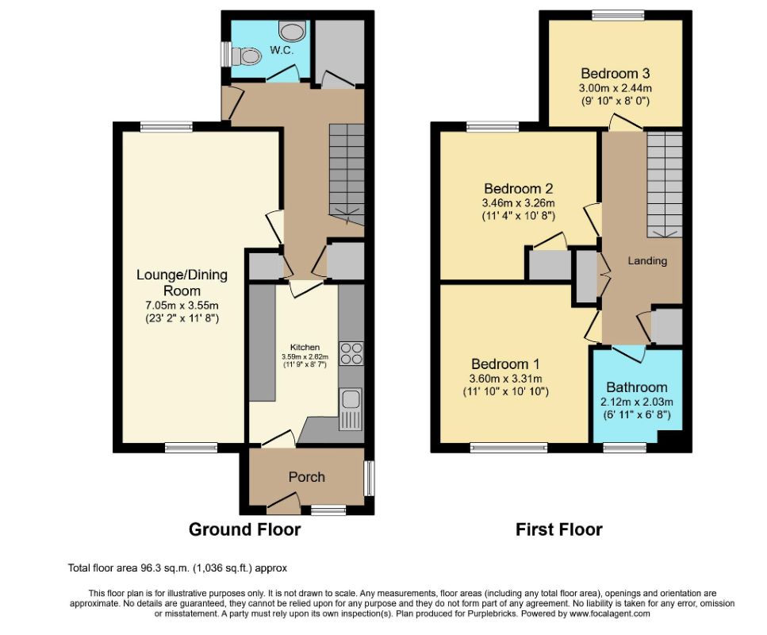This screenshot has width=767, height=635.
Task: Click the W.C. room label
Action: pos(282,50)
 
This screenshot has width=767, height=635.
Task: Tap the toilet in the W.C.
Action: pos(246,56)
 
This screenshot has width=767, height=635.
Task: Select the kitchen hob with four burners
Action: pos(351,353)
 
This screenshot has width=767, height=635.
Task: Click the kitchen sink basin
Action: pos(351,399)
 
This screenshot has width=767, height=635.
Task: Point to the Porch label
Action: pos(307,477)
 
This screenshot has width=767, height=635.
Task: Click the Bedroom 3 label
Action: pos(616,74)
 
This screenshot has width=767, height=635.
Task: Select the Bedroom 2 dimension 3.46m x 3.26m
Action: pos(519,202)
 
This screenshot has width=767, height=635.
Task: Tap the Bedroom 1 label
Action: pos(505,364)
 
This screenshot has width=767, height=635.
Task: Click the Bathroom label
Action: pos(637,387)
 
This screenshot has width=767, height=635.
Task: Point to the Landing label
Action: pos(647,260)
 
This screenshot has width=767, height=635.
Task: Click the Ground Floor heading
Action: pos(244,529)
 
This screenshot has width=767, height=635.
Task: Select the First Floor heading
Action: pos(559,529)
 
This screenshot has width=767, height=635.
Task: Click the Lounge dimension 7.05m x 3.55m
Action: pos(182,306)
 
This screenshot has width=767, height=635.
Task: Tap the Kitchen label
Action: pos(305,347)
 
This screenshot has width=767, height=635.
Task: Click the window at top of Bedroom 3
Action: pos(619,15)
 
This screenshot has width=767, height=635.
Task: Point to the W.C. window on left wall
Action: pos(226,54)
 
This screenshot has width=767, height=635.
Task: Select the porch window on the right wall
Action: pos(370,478)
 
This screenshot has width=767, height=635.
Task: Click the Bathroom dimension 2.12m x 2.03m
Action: pos(637,402)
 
